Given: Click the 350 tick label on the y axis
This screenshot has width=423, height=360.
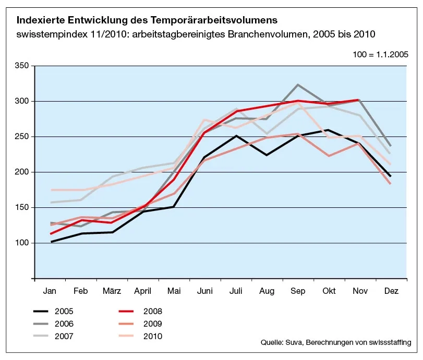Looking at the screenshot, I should point(22,66).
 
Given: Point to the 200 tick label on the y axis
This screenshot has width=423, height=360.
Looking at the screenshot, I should point(22,172).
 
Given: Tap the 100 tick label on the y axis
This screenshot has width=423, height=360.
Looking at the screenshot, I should point(22,243).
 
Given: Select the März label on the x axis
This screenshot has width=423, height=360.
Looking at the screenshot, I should point(112,292).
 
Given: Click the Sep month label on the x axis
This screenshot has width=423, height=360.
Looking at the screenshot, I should point(297,292).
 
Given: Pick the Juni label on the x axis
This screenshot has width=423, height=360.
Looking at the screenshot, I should point(204,292).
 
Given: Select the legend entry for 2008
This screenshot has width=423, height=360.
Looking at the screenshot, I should point(152,312).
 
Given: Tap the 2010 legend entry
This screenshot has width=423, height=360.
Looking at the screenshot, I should point(152,336).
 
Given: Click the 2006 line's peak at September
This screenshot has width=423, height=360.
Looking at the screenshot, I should point(297,84).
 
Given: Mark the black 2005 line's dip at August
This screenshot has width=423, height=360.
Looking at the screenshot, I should point(267,155).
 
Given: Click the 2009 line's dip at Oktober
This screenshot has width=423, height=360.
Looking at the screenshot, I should point(329,156).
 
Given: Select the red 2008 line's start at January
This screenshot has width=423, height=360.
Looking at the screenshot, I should point(51,233).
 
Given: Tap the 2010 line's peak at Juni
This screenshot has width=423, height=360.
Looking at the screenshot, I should point(205,119).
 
